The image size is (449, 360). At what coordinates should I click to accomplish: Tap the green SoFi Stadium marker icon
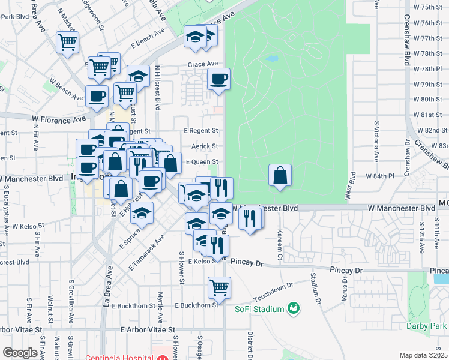[x=294, y=308]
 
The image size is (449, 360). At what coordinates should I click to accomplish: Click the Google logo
[x=20, y=353]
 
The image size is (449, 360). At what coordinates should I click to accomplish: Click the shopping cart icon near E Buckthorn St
[x=220, y=287]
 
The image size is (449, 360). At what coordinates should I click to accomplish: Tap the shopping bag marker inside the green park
[x=280, y=175]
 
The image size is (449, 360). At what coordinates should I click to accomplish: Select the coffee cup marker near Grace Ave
[x=218, y=79]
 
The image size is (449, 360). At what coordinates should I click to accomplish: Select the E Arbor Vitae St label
[x=148, y=329]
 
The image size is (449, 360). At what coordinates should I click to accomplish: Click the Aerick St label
[x=204, y=146]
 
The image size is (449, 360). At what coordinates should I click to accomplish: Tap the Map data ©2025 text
[x=423, y=355]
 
